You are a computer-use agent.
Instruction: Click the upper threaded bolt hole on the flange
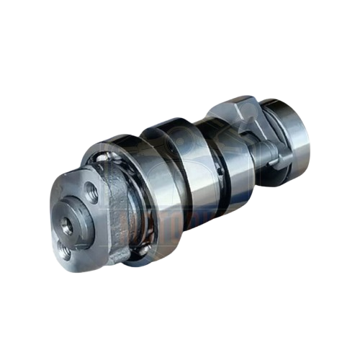coord(91,191)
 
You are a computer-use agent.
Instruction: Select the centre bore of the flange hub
coord(67,225)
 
